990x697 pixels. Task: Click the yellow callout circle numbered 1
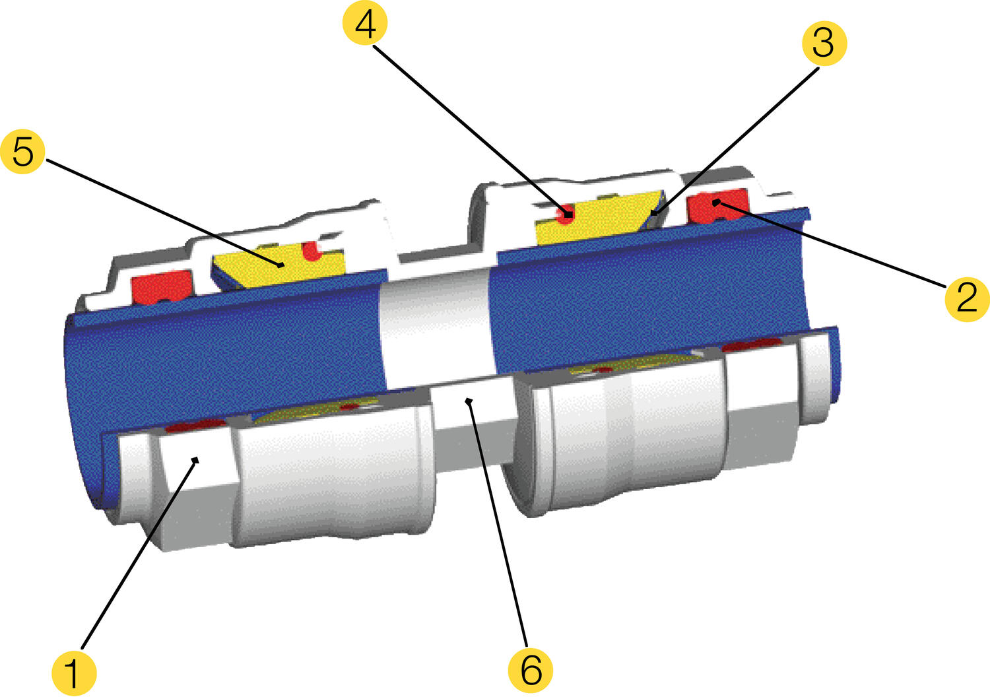[74, 673]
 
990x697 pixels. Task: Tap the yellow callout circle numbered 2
[967, 298]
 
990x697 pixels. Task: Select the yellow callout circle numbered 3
[824, 44]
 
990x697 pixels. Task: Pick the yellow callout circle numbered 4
[365, 23]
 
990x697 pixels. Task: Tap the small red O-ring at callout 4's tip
[566, 215]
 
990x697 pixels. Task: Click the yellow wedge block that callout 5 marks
[279, 266]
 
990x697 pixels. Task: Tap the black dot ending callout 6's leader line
[469, 401]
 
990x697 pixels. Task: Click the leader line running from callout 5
[164, 213]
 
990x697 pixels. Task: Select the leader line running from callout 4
[472, 131]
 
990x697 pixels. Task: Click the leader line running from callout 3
[735, 141]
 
